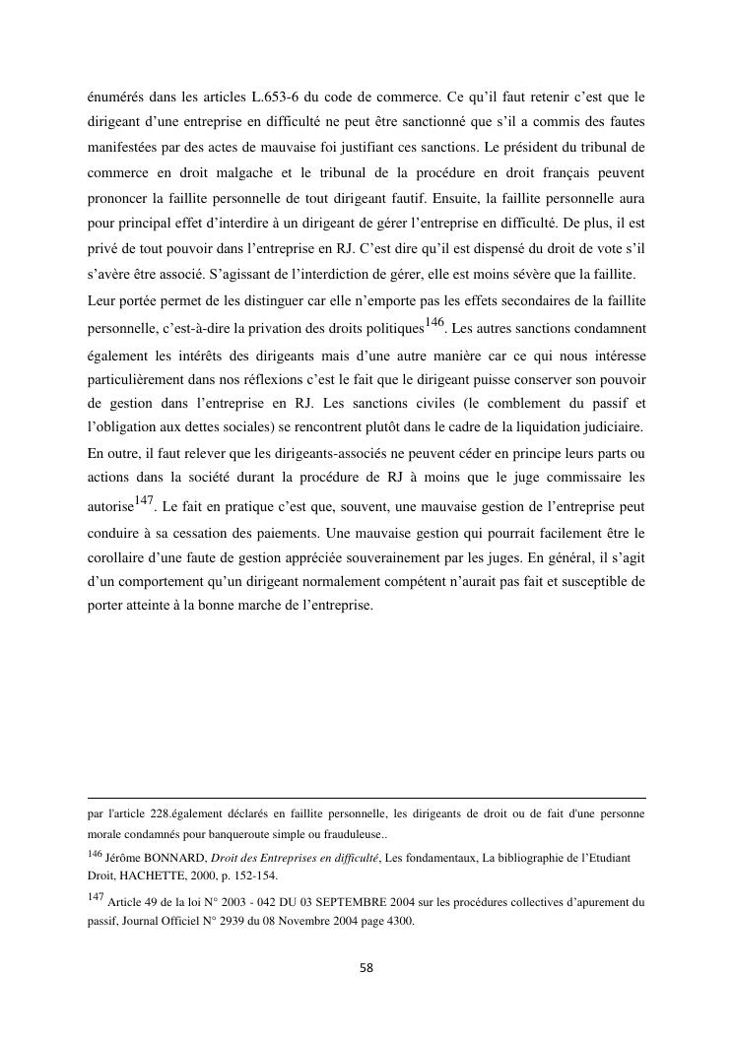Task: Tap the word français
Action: click(550, 173)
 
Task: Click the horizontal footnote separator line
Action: click(366, 799)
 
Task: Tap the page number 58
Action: click(366, 968)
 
